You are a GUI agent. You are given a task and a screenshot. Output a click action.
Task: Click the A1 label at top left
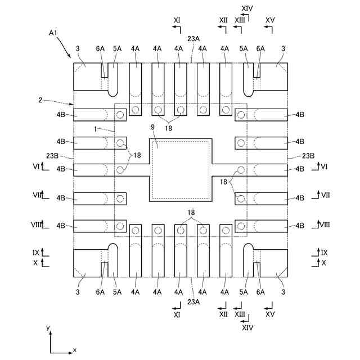(x=53, y=33)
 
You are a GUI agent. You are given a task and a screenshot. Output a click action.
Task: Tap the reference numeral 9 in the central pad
(x=153, y=127)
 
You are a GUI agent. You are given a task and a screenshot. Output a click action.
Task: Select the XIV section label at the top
(x=247, y=8)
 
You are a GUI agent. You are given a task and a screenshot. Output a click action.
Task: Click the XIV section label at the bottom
(x=247, y=327)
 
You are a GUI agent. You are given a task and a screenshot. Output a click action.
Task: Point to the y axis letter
(x=48, y=327)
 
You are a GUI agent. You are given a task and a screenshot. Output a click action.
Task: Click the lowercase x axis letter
(x=75, y=350)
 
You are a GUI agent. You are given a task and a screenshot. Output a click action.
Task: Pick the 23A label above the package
(x=193, y=39)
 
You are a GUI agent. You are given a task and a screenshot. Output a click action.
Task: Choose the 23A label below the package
(x=193, y=302)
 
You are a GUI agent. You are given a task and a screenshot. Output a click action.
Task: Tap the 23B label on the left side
(x=52, y=156)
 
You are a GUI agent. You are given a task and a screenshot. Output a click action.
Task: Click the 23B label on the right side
(x=308, y=156)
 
